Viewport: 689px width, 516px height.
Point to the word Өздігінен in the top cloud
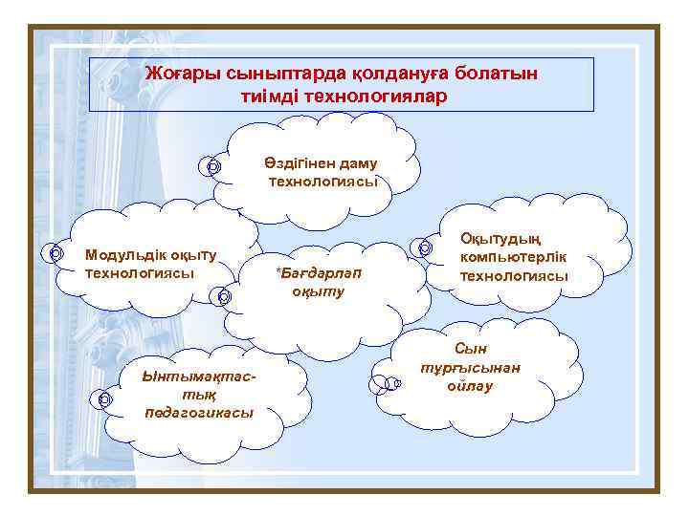click(x=298, y=163)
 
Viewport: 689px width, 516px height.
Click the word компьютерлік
click(x=514, y=257)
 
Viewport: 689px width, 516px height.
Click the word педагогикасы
click(x=199, y=412)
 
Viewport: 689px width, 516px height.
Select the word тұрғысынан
click(x=470, y=368)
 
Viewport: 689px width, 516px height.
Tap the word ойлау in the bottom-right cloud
click(x=469, y=386)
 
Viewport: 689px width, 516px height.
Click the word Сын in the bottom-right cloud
click(x=470, y=350)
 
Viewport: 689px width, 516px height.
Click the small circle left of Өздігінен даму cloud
click(x=212, y=166)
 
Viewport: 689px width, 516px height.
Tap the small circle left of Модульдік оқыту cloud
click(x=55, y=253)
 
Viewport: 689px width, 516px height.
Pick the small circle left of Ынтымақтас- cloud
click(x=103, y=399)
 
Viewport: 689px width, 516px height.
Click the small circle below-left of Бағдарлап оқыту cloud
click(x=223, y=296)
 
